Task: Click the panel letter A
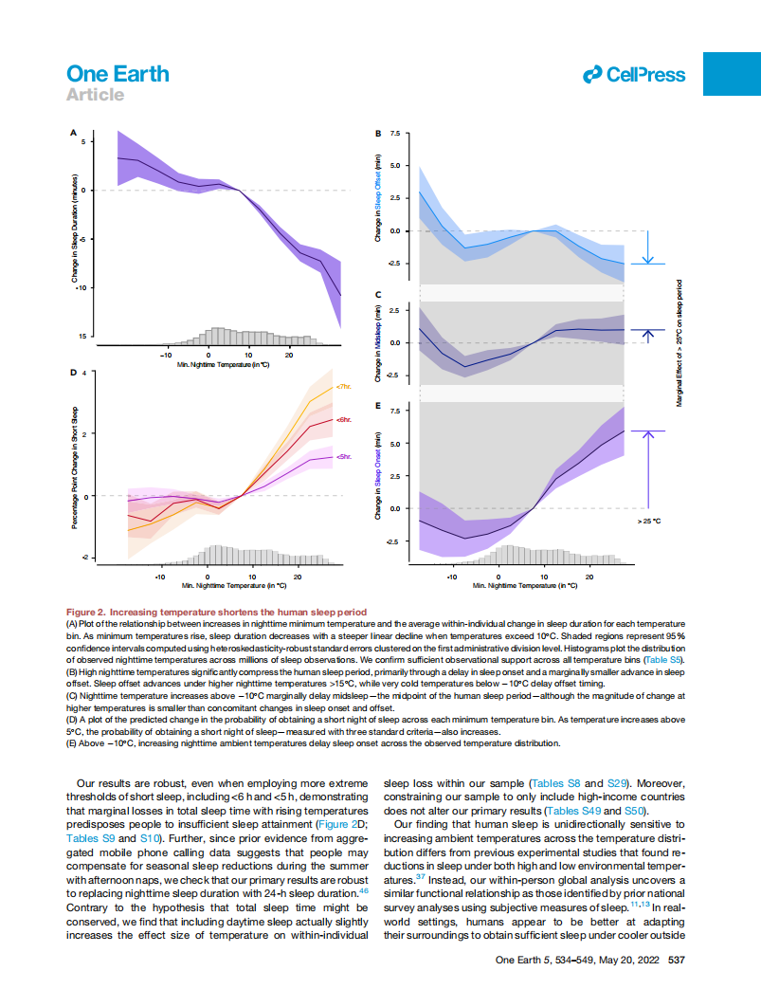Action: (x=74, y=134)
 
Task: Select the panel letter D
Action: (x=74, y=373)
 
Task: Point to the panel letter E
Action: (x=378, y=406)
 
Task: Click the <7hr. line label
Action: (x=344, y=387)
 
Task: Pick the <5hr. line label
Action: (x=344, y=457)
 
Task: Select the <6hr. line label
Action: (x=344, y=419)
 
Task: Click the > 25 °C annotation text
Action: (x=648, y=521)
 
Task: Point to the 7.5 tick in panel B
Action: (x=394, y=134)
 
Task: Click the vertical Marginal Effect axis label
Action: (x=679, y=342)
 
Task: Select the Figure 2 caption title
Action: (x=216, y=613)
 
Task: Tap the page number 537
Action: (x=677, y=960)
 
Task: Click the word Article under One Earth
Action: (x=95, y=95)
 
